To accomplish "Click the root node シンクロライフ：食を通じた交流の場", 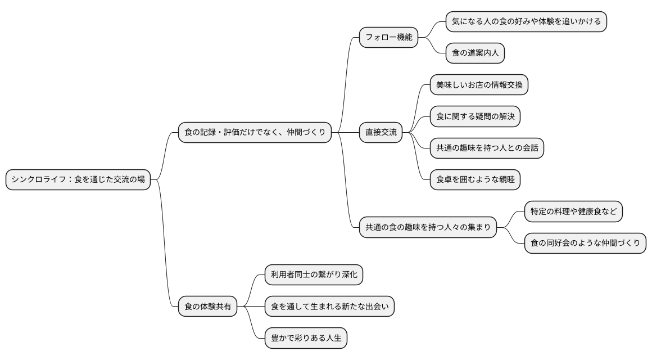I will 78,179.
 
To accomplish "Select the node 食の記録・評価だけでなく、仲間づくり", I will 255,132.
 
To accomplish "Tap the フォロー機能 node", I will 389,38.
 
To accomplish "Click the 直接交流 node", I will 381,132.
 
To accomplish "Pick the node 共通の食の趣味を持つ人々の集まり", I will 428,227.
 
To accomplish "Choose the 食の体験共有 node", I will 208,307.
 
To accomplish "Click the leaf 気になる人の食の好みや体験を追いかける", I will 526,21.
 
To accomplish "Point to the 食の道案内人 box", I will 475,53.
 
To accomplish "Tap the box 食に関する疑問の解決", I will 475,116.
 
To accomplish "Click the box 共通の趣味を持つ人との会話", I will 487,148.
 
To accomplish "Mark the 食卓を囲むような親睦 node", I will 475,180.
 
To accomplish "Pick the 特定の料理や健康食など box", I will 573,211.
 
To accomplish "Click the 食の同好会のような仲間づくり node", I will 585,243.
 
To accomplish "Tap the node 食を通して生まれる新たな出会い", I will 330,307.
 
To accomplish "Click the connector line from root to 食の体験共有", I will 165,247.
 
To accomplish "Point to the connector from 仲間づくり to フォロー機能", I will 345,84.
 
